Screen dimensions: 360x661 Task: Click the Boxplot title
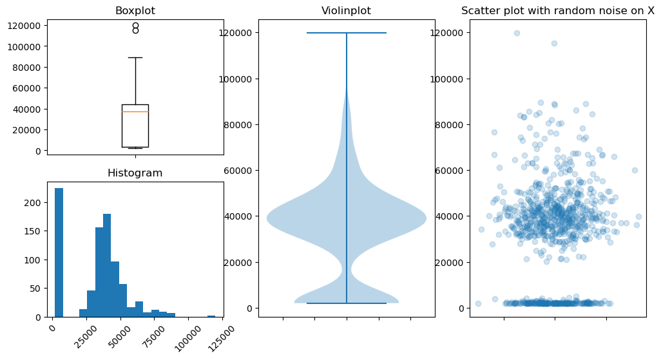pyautogui.click(x=135, y=11)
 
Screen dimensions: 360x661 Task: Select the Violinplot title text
pyautogui.click(x=346, y=11)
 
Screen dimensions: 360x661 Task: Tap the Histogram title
pyautogui.click(x=135, y=173)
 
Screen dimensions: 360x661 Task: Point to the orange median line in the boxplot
pyautogui.click(x=135, y=111)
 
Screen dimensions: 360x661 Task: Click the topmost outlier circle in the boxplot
pyautogui.click(x=135, y=26)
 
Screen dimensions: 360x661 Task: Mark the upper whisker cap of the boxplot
pyautogui.click(x=135, y=57)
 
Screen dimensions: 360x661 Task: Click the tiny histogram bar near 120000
pyautogui.click(x=211, y=316)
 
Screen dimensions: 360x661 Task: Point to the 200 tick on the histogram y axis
pyautogui.click(x=36, y=202)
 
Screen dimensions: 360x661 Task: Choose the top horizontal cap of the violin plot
pyautogui.click(x=347, y=33)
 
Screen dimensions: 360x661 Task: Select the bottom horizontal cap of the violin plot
pyautogui.click(x=347, y=303)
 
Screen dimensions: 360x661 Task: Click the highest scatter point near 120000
pyautogui.click(x=517, y=33)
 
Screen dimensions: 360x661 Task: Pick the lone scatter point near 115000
pyautogui.click(x=554, y=44)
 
